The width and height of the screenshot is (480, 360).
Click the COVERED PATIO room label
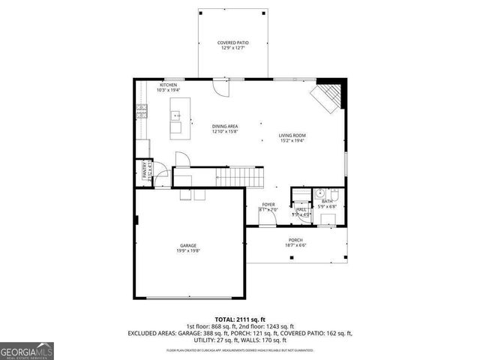(232, 43)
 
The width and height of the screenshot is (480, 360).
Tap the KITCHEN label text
(169, 85)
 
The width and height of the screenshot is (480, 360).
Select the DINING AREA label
(224, 126)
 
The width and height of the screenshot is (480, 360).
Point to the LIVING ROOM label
(292, 135)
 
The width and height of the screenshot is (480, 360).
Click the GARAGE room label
(188, 245)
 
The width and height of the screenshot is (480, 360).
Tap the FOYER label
(268, 204)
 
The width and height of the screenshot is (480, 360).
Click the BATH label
(327, 201)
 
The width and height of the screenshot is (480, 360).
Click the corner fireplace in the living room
(328, 95)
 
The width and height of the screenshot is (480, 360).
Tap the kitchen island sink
(176, 115)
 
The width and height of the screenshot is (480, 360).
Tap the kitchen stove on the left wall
(140, 113)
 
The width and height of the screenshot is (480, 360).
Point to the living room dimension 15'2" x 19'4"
(292, 141)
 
